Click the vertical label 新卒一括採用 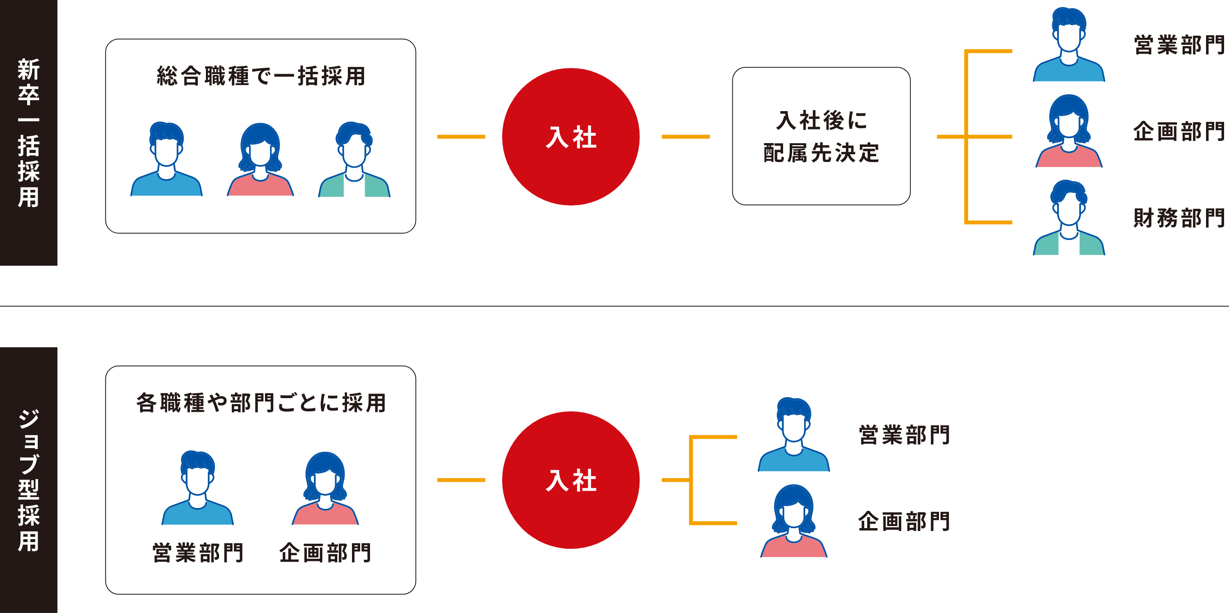[29, 132]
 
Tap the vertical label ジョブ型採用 [29, 480]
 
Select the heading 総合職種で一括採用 [261, 76]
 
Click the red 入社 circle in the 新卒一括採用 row [571, 137]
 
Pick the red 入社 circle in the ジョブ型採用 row [571, 480]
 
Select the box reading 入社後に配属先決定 [821, 137]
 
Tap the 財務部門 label [1179, 218]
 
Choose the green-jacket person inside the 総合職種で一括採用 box [354, 160]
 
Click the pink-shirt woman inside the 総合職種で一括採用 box [260, 160]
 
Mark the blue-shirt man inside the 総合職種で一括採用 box [167, 160]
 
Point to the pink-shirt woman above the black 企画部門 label [325, 489]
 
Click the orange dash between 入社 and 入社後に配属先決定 [685, 137]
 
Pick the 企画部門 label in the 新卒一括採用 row [1179, 132]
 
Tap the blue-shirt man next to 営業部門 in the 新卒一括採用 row [1069, 46]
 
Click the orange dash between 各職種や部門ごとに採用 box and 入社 [461, 480]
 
